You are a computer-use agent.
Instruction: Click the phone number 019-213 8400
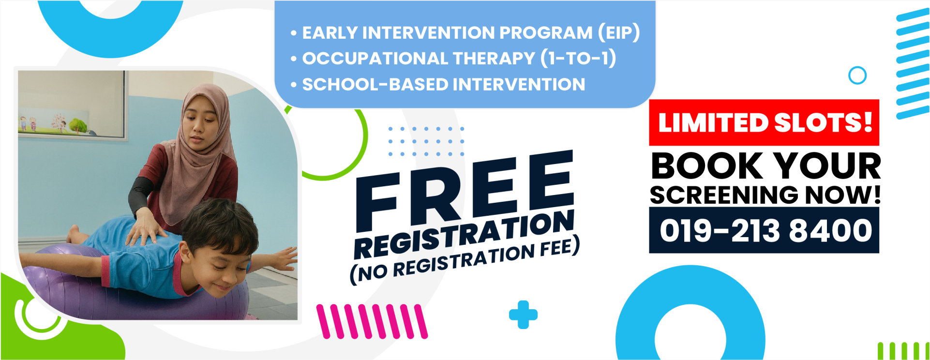765,230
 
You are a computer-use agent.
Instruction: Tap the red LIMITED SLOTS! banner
764,122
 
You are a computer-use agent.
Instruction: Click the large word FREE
465,190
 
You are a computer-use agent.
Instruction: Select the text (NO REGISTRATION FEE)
465,260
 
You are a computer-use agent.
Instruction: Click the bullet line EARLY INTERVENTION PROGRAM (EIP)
465,32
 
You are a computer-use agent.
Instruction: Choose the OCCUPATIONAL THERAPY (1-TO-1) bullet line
453,58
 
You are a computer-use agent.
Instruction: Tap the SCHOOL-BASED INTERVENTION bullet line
438,84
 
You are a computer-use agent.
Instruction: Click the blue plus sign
523,315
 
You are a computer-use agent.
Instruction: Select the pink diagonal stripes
372,321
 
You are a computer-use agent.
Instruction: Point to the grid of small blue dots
426,141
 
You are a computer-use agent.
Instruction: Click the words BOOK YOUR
766,166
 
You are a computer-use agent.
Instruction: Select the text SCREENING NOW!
765,195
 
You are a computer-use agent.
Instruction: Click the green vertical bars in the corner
903,351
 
